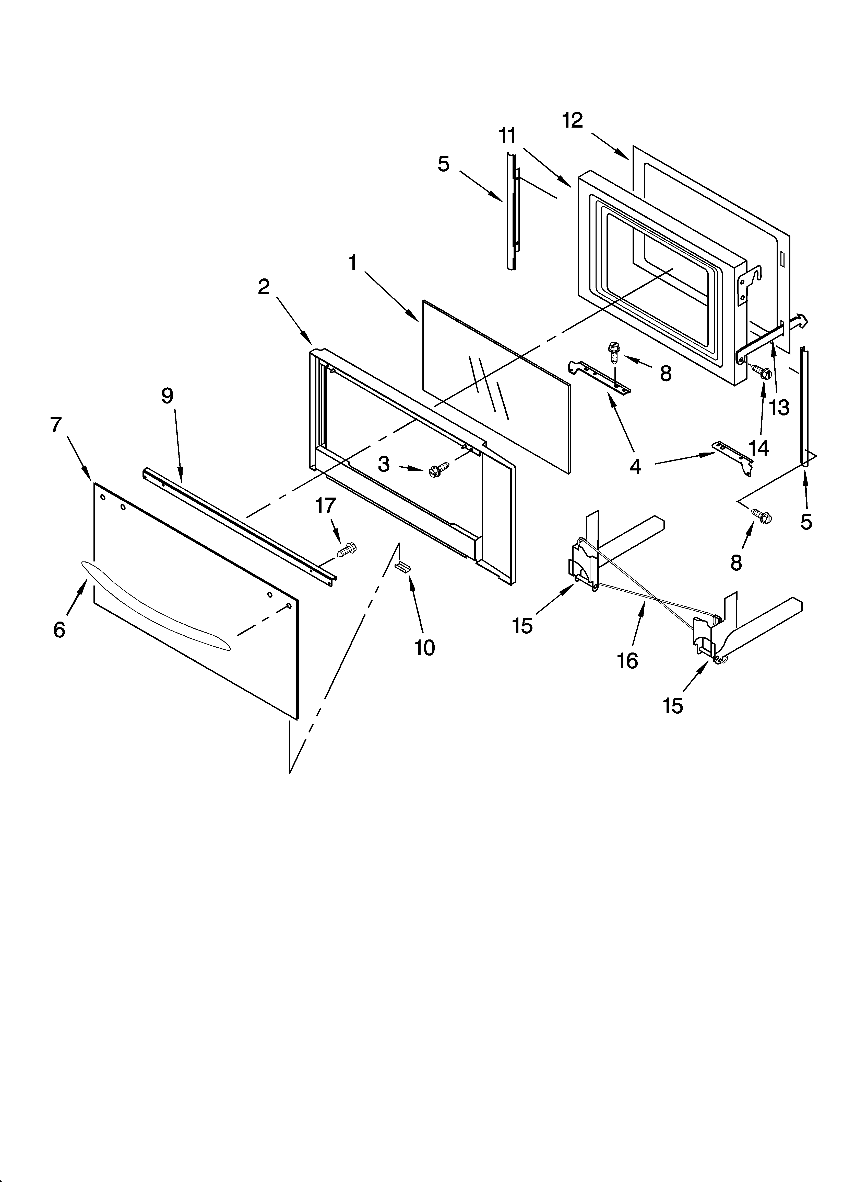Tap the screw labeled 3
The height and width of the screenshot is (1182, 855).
click(x=434, y=471)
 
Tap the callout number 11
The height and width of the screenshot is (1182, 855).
click(x=507, y=136)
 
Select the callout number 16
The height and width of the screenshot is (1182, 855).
click(x=628, y=661)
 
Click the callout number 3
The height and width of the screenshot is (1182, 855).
click(x=384, y=464)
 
